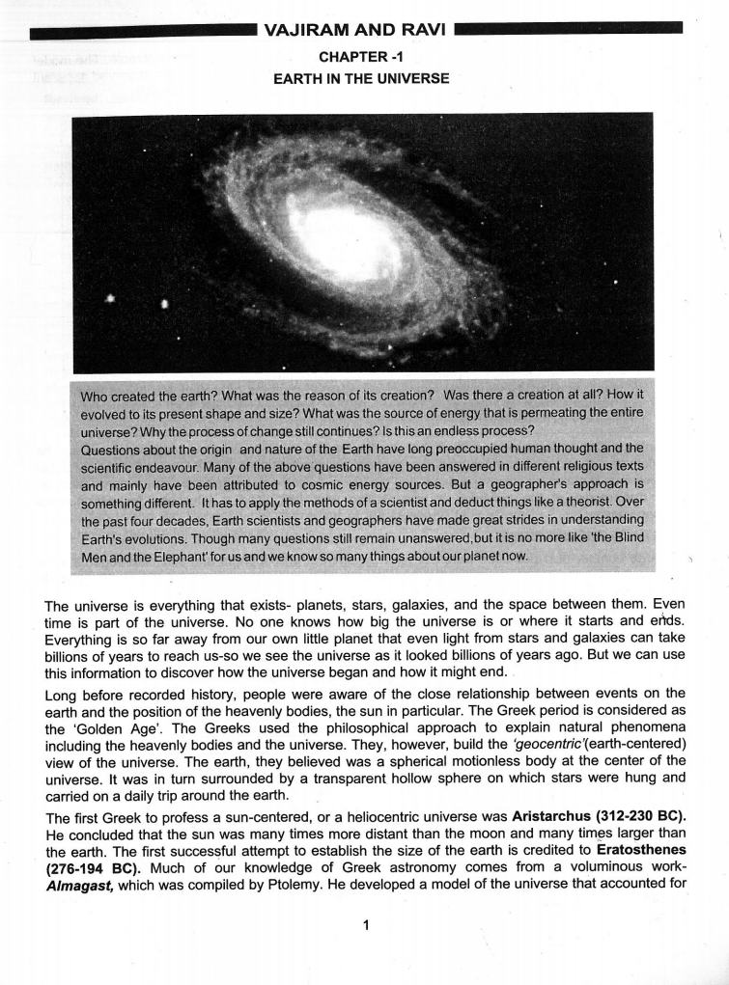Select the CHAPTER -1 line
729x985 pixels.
[360, 57]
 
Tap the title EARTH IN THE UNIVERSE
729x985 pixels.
[361, 78]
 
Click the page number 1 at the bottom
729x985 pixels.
[365, 925]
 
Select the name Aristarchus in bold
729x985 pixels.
[549, 815]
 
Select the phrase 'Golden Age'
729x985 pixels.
[101, 727]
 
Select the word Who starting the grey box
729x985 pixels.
[96, 396]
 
